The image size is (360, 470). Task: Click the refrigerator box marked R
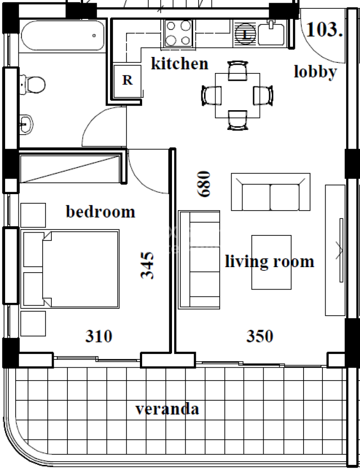[127, 81]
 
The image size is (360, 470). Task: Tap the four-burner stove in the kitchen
[178, 33]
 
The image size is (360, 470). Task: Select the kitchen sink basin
[271, 34]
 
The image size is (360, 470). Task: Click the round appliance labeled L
[245, 34]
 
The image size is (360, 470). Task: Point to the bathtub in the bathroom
[63, 35]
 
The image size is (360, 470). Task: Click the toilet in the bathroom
[33, 84]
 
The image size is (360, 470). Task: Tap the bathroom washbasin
[26, 124]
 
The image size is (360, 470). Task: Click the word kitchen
[179, 63]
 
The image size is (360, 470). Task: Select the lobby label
[315, 72]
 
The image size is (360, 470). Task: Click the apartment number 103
[324, 29]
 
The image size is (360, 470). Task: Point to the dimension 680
[205, 184]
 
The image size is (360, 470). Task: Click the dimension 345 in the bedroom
[147, 265]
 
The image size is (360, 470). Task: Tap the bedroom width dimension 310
[99, 336]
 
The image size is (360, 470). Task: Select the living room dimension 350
[260, 336]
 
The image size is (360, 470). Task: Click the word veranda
[167, 409]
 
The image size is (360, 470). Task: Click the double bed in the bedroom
[70, 269]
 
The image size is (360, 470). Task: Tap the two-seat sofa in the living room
[271, 192]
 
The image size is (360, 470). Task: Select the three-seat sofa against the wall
[199, 260]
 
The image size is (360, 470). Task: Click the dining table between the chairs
[238, 95]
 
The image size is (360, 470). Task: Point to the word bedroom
[100, 212]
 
